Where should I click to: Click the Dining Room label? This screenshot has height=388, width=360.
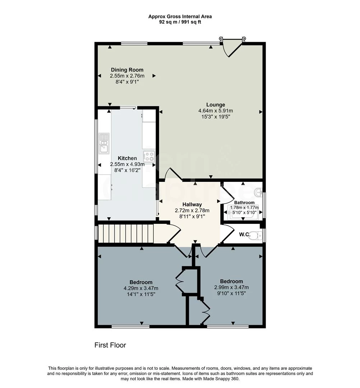pyautogui.click(x=127, y=70)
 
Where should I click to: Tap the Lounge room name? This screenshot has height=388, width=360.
pyautogui.click(x=216, y=105)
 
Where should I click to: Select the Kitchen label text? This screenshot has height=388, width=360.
pyautogui.click(x=127, y=158)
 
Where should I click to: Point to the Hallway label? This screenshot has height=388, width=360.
pyautogui.click(x=192, y=204)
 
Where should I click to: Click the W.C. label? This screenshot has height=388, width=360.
pyautogui.click(x=245, y=234)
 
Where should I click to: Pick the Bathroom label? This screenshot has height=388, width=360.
pyautogui.click(x=244, y=202)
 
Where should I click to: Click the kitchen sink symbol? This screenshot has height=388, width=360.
pyautogui.click(x=104, y=143)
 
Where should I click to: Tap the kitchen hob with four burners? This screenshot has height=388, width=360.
pyautogui.click(x=149, y=156)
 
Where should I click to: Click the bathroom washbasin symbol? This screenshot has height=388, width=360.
pyautogui.click(x=259, y=193)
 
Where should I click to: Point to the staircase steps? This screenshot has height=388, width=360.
pyautogui.click(x=126, y=234)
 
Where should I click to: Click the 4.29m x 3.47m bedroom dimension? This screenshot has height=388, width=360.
pyautogui.click(x=141, y=288)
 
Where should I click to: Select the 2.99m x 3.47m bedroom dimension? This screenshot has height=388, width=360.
pyautogui.click(x=232, y=287)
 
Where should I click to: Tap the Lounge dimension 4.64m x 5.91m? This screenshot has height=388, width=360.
pyautogui.click(x=216, y=111)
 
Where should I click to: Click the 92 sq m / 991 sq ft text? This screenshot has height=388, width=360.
pyautogui.click(x=180, y=22)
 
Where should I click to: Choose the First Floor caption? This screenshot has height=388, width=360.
pyautogui.click(x=110, y=345)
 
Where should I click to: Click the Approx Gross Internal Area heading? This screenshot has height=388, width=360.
pyautogui.click(x=180, y=17)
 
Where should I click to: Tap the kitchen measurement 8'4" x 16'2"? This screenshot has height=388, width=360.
pyautogui.click(x=127, y=170)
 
